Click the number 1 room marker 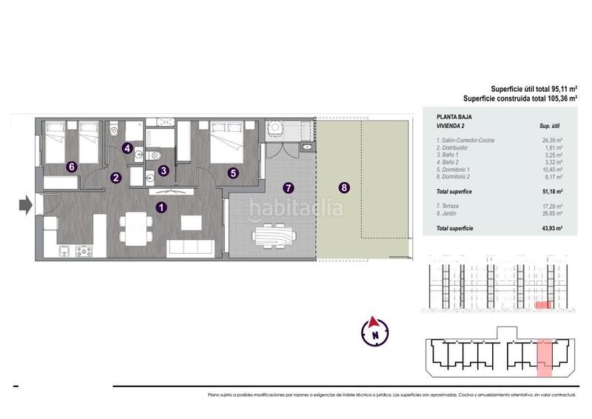point(161,208)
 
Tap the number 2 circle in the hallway point(116,178)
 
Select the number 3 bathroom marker point(164,170)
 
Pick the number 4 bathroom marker point(128,148)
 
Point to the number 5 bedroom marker point(233,173)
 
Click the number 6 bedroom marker point(71,167)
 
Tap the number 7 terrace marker point(288,188)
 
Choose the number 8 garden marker point(344,188)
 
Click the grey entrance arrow point(25,204)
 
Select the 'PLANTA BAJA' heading point(454,117)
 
